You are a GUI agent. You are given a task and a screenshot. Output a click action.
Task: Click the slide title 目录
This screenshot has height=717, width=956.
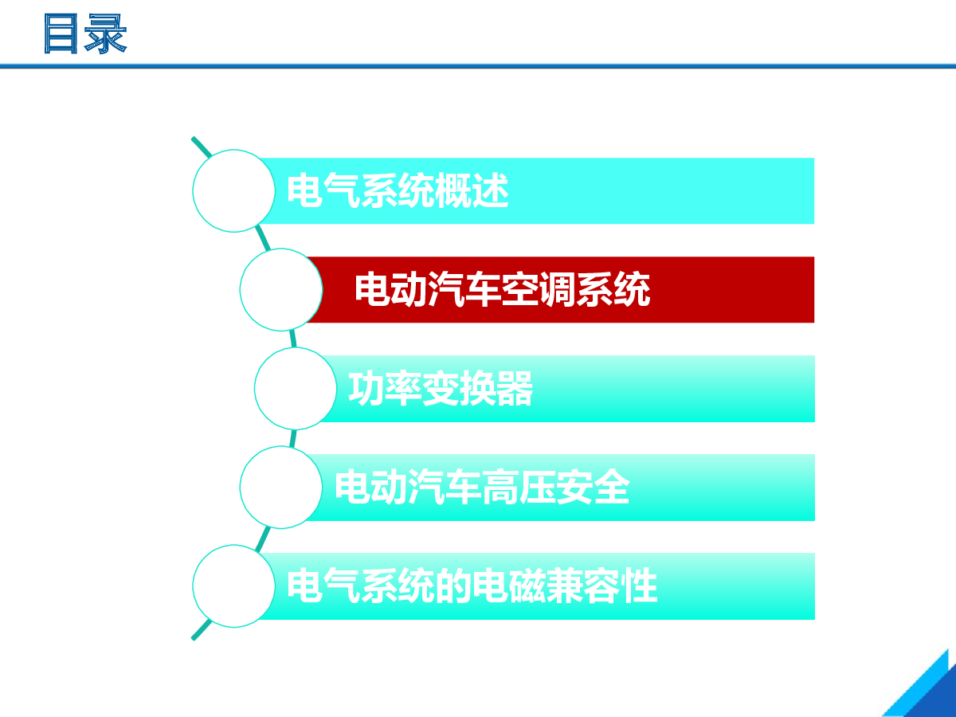[x=85, y=33]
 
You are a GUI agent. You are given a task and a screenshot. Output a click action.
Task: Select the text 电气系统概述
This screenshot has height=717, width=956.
[x=398, y=190]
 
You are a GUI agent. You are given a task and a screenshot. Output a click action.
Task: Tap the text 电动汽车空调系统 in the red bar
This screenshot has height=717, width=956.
[x=502, y=289]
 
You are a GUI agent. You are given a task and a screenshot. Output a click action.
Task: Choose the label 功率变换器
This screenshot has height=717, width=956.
[x=441, y=388]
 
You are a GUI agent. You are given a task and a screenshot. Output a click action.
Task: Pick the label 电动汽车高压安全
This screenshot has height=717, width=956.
[x=482, y=487]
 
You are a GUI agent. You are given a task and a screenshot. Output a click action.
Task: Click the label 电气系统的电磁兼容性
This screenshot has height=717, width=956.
[x=472, y=586]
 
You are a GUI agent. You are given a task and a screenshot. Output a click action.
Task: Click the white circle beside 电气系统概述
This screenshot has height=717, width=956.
[x=234, y=190]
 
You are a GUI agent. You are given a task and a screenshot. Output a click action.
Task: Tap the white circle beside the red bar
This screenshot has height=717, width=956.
[x=281, y=289]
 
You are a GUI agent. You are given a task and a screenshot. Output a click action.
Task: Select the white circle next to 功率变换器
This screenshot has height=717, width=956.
[x=296, y=388]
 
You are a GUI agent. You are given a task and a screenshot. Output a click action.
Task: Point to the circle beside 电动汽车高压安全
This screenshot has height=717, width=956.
[x=281, y=487]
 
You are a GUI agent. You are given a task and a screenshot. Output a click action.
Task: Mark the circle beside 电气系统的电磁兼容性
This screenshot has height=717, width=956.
[x=234, y=586]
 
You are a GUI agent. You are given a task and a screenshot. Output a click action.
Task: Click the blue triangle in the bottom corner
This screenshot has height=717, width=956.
[x=927, y=692]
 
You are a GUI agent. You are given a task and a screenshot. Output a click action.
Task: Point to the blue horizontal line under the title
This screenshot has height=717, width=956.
[x=478, y=66]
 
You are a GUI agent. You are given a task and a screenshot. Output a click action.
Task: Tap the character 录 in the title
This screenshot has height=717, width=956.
[x=106, y=33]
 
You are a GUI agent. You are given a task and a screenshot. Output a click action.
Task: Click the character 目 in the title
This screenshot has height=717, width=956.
[x=61, y=33]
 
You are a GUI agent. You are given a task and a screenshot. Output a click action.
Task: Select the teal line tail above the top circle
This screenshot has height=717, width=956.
[x=202, y=147]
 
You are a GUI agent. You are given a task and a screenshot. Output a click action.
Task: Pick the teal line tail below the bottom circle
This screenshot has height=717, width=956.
[x=202, y=630]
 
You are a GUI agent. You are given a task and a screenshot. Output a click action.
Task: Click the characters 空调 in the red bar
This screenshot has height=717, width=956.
[x=539, y=289]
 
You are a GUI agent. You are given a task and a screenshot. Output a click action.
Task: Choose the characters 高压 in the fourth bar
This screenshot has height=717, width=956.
[x=519, y=487]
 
